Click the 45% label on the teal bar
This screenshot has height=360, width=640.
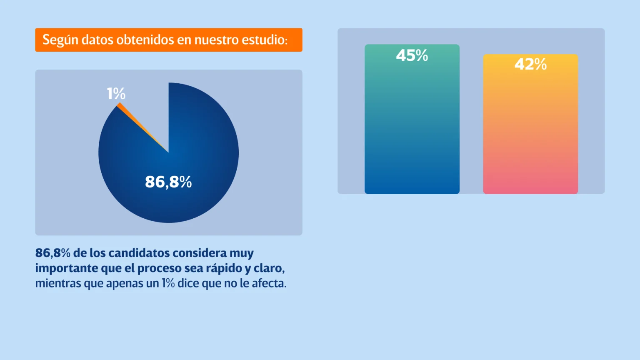[412, 55]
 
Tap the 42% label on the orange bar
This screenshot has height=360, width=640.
[530, 64]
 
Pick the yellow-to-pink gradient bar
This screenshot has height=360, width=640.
[530, 133]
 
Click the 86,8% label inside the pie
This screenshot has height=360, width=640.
[168, 182]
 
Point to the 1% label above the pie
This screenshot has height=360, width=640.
[116, 93]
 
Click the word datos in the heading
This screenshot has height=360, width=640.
[97, 40]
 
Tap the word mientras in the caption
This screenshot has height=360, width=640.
[58, 283]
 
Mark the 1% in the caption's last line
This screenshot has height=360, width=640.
[168, 283]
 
